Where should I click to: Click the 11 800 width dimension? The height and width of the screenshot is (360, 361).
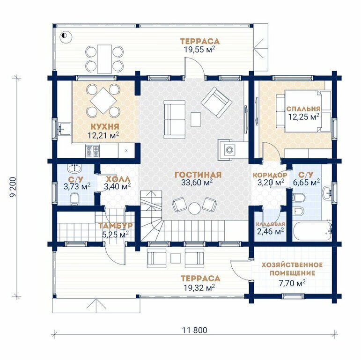point(194,330)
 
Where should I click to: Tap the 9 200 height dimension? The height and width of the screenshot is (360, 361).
point(14,187)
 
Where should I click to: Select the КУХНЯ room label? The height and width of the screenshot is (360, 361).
point(105,126)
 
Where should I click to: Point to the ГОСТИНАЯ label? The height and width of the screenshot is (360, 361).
point(198,175)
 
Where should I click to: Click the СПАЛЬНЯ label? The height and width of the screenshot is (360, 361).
point(303,109)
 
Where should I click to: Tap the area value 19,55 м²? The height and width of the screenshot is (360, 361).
point(199,49)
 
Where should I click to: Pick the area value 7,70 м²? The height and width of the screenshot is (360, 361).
point(292,283)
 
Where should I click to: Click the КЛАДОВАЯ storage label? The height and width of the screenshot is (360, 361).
point(271,224)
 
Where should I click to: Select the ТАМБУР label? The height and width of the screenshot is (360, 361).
point(116,226)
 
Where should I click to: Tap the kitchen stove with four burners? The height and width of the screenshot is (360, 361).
point(93,151)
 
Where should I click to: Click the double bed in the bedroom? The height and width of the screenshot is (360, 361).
point(303,111)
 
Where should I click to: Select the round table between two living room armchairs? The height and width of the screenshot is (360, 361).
point(195,208)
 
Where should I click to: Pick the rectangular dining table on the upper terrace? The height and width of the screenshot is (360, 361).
point(104,59)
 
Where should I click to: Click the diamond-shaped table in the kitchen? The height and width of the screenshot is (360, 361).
point(103,101)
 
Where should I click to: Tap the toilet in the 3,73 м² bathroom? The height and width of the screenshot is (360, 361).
point(74,199)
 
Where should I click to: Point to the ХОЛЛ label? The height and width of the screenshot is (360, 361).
point(118,179)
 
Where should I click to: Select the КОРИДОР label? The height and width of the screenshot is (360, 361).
point(270,175)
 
